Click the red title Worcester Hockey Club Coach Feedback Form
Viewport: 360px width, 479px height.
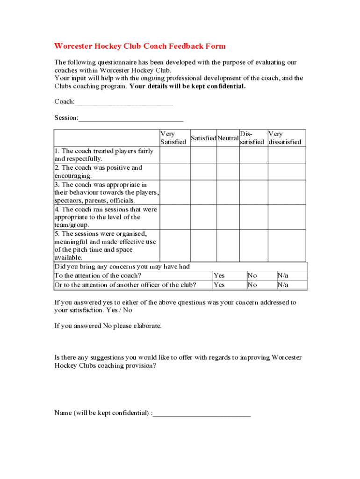coord(140,46)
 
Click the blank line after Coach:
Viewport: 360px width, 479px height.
coord(123,102)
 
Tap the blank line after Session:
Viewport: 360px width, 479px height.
coord(131,118)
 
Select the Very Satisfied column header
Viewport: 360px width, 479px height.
coord(173,138)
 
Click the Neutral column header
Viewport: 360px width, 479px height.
coord(228,138)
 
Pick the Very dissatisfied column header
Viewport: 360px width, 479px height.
coord(285,138)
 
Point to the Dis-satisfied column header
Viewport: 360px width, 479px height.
coord(252,138)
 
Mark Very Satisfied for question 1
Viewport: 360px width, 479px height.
coord(175,155)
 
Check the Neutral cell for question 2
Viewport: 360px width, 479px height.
coord(228,172)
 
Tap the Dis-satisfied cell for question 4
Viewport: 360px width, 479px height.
coord(253,217)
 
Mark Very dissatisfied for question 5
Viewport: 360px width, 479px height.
coord(286,245)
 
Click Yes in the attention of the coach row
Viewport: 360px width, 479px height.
coord(219,276)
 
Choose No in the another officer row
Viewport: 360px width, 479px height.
coord(252,285)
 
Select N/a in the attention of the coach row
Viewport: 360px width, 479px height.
coord(283,276)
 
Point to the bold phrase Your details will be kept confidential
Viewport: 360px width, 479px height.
coord(187,86)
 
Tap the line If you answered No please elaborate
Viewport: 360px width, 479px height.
coord(108,326)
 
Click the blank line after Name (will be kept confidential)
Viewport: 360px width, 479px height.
coord(202,414)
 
